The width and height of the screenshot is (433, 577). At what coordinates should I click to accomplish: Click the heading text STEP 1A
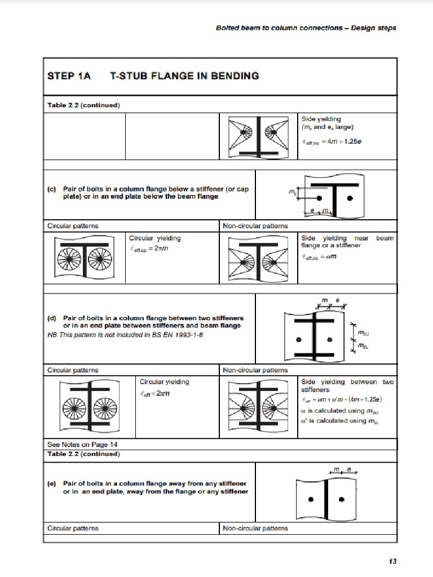69,76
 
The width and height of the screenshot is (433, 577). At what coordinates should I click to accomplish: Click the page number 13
393,561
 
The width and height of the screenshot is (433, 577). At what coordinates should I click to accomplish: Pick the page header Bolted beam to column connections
306,28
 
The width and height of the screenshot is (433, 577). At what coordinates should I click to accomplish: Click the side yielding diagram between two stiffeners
259,406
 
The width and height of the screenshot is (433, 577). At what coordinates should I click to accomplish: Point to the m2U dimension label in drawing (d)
364,334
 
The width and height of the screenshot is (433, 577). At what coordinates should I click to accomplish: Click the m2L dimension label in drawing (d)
364,347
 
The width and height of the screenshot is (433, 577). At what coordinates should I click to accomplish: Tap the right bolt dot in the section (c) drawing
350,199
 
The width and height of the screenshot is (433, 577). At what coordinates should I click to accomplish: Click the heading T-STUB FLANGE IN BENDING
184,76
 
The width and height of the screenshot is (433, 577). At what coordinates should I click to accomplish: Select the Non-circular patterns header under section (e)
255,528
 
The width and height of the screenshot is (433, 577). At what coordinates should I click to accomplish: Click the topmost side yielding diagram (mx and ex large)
259,137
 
